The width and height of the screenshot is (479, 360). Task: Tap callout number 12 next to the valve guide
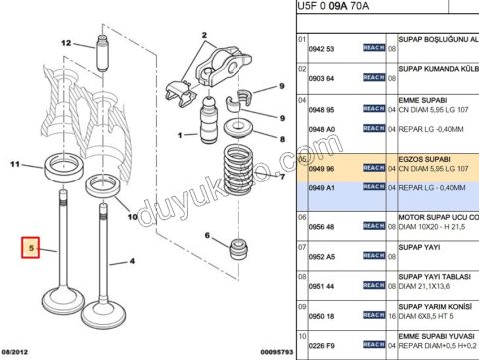click(66, 43)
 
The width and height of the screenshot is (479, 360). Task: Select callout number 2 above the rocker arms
click(203, 35)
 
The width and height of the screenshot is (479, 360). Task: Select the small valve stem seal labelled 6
click(239, 246)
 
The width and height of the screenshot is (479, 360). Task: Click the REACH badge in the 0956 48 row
click(373, 226)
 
